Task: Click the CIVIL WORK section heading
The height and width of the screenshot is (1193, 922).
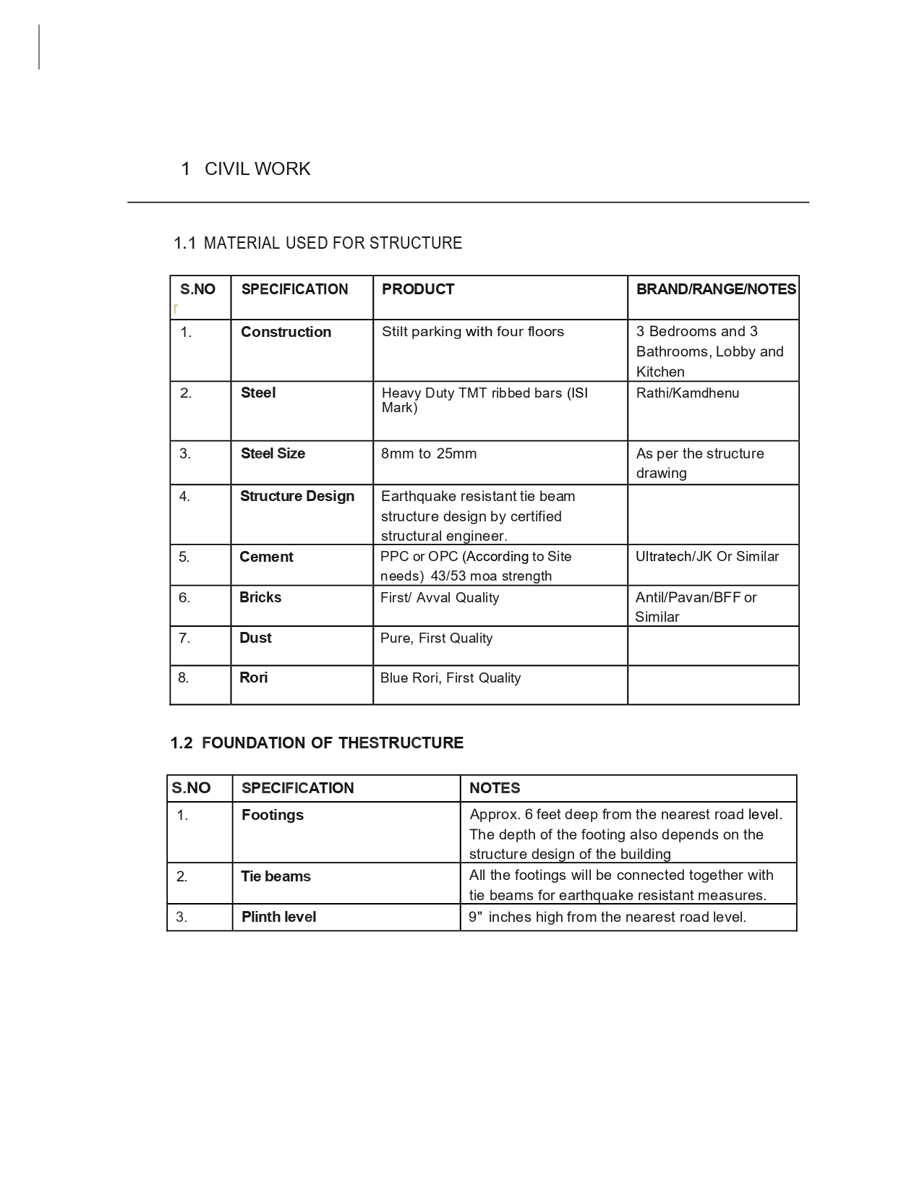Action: point(257,169)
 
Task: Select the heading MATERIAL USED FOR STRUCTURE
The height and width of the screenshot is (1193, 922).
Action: point(332,243)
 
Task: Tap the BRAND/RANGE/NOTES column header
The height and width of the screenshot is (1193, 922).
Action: point(715,289)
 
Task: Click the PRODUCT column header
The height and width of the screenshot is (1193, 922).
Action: point(418,289)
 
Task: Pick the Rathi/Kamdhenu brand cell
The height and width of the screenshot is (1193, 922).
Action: point(687,393)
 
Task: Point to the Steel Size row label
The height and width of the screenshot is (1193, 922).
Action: point(273,453)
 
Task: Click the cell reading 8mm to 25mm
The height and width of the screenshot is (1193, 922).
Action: point(429,453)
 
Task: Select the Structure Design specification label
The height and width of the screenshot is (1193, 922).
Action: point(297,496)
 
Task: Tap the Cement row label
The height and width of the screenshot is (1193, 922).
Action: point(266,557)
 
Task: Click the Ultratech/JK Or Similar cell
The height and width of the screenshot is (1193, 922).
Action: point(707,557)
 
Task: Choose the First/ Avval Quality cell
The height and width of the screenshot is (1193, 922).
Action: point(440,598)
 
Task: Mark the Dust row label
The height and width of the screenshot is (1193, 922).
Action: point(255,638)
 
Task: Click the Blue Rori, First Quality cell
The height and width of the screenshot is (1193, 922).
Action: point(451,678)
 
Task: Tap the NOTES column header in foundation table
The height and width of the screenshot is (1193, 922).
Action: point(495,788)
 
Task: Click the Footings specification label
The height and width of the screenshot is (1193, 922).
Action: point(273,815)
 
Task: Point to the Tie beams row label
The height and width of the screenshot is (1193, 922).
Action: point(276,876)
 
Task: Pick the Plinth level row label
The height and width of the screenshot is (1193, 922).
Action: point(278,917)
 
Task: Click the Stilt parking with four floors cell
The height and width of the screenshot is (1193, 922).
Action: point(473,332)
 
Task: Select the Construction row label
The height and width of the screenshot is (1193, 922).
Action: point(286,332)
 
